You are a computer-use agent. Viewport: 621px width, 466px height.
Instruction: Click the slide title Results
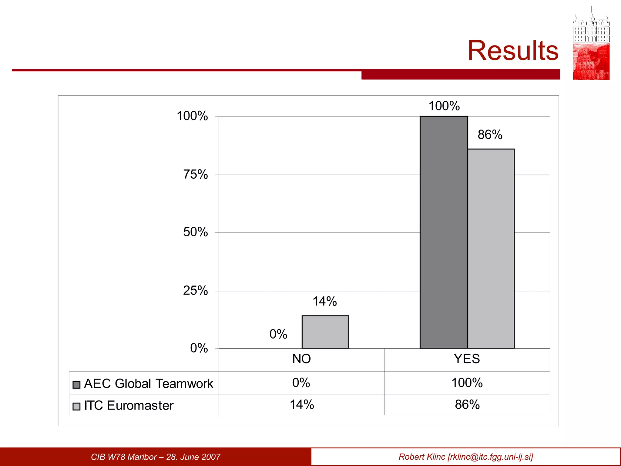[513, 51]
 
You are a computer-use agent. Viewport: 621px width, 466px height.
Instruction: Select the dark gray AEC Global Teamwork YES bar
[444, 232]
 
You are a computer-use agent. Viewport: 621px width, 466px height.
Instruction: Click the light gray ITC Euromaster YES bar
[491, 248]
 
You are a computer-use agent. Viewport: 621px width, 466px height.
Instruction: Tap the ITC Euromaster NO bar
[325, 332]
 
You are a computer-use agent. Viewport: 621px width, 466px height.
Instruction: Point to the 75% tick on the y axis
[196, 175]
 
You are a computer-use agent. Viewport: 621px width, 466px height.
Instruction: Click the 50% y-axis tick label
[196, 232]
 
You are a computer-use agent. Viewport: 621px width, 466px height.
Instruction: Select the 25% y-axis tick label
[196, 291]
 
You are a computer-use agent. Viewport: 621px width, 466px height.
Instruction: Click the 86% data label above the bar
[490, 135]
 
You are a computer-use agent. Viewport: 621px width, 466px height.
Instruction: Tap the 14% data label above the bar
[324, 302]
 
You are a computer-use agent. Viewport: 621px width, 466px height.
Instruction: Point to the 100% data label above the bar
[444, 106]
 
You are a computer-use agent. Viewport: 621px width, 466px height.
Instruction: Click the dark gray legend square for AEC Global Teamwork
[76, 385]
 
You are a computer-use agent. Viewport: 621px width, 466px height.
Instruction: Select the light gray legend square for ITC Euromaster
[76, 406]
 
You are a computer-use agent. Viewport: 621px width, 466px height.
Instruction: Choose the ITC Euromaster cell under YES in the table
[467, 405]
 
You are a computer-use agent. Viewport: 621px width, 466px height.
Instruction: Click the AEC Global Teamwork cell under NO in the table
[301, 383]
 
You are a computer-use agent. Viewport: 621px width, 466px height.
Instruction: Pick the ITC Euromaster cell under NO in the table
[302, 405]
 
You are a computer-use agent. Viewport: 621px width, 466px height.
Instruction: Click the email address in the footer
[490, 457]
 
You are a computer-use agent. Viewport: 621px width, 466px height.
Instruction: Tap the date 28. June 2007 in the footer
[193, 457]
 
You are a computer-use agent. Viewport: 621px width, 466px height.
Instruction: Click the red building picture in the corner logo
[591, 62]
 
